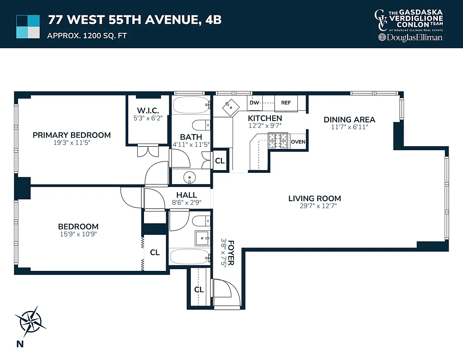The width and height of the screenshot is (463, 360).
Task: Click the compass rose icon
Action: (x=30, y=321)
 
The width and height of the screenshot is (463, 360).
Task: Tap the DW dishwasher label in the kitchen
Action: (x=254, y=103)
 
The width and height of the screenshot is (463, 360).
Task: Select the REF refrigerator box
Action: (x=286, y=103)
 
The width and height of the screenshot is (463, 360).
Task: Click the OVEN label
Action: (x=298, y=142)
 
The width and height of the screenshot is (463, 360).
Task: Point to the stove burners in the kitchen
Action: (x=278, y=141)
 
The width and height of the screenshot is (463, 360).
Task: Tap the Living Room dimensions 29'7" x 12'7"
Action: (x=315, y=206)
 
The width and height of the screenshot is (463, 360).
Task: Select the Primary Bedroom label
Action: (x=72, y=135)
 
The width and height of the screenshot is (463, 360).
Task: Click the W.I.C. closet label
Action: (x=148, y=110)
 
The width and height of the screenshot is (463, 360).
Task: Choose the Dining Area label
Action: (x=349, y=120)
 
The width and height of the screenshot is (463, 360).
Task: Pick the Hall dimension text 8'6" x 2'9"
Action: (x=186, y=202)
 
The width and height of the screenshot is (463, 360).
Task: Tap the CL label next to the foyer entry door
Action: (x=199, y=290)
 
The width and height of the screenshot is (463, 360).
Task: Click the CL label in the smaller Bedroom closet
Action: (x=155, y=252)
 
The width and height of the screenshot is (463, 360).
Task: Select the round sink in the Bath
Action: (x=190, y=178)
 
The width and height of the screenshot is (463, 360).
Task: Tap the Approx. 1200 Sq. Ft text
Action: (x=87, y=35)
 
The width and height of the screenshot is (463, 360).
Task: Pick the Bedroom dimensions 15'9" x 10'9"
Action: (x=78, y=234)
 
